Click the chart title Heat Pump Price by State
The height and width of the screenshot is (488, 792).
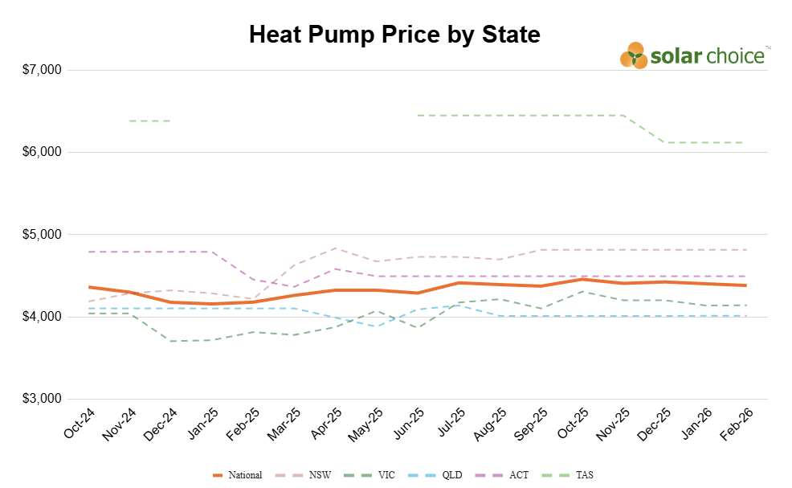tap(394, 35)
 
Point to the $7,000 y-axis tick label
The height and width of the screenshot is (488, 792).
tap(43, 70)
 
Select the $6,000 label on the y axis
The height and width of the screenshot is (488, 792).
tap(43, 152)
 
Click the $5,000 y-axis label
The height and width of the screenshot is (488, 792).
tap(43, 235)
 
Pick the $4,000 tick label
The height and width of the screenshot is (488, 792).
tap(43, 317)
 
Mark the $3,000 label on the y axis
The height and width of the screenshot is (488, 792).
tap(43, 400)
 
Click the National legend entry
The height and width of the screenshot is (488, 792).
tap(238, 475)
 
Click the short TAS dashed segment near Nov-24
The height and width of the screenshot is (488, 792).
tap(149, 121)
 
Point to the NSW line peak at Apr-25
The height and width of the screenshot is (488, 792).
tap(336, 248)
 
